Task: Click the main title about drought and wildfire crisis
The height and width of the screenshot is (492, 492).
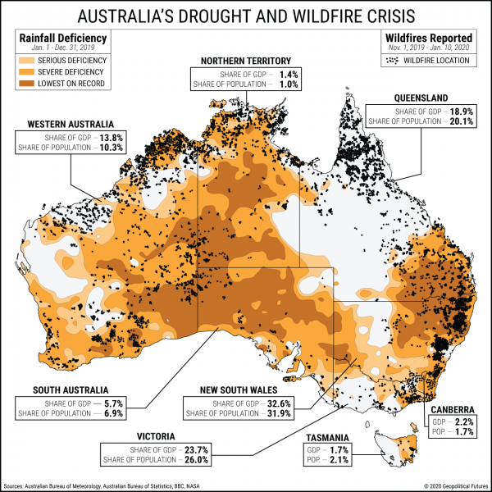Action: (246, 16)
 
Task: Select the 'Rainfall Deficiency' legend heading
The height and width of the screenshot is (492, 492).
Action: (56, 38)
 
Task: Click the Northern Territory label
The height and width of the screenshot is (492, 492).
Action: (246, 61)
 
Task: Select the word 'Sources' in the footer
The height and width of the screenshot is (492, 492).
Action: (18, 485)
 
